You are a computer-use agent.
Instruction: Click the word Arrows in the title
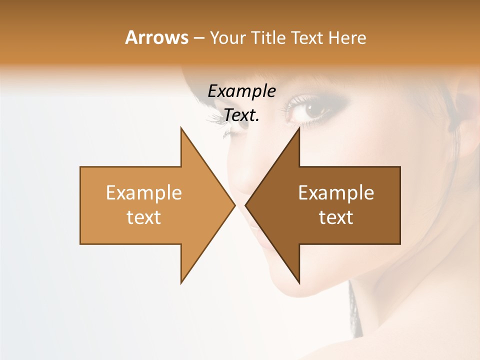[156, 37]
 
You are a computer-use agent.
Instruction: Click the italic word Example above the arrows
[241, 91]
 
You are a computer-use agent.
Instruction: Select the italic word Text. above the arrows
[241, 115]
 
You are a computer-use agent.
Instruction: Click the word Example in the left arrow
[144, 193]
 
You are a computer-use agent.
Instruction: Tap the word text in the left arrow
[144, 217]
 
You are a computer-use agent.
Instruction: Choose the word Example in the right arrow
[336, 193]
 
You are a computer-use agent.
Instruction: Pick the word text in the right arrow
[336, 217]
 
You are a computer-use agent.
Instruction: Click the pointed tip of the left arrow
[234, 205]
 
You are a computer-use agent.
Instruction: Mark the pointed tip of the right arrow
[246, 205]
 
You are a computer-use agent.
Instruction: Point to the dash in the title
[198, 38]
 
